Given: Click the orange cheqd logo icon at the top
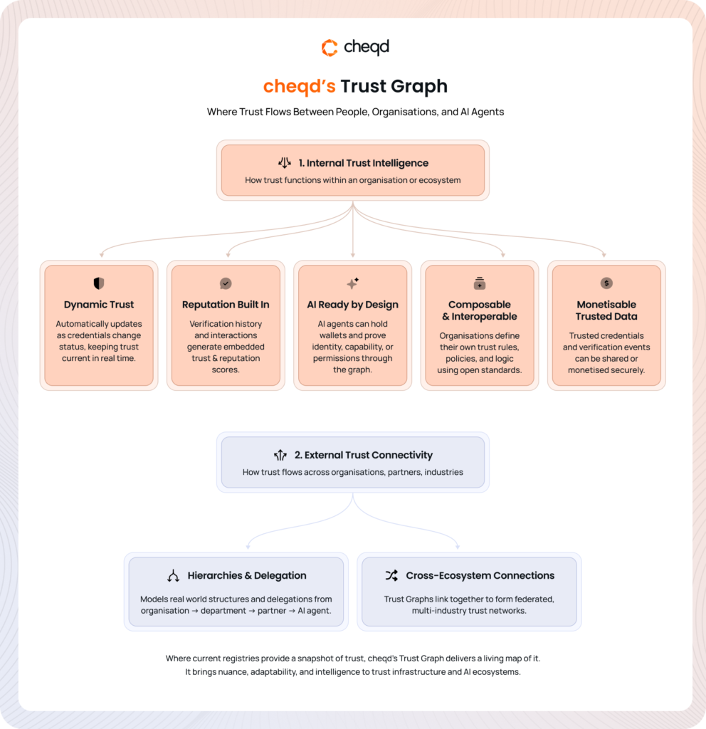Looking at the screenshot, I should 330,48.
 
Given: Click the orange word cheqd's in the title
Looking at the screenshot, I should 299,86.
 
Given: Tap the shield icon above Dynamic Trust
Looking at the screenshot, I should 99,283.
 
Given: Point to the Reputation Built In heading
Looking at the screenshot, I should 226,305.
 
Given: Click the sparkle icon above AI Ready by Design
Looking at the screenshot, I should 352,283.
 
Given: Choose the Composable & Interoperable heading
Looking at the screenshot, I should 480,310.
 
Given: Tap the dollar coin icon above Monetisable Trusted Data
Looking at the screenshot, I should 606,283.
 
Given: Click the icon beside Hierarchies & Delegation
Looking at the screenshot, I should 173,576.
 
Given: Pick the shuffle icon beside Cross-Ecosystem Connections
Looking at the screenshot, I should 391,575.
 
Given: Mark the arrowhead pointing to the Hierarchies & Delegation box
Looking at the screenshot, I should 247,547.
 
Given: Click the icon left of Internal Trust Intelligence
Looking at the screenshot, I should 285,162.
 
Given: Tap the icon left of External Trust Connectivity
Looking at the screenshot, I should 280,455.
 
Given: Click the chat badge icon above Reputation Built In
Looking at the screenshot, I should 226,283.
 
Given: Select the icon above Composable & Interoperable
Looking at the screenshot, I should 479,283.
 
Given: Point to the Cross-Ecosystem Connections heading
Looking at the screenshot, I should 480,575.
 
